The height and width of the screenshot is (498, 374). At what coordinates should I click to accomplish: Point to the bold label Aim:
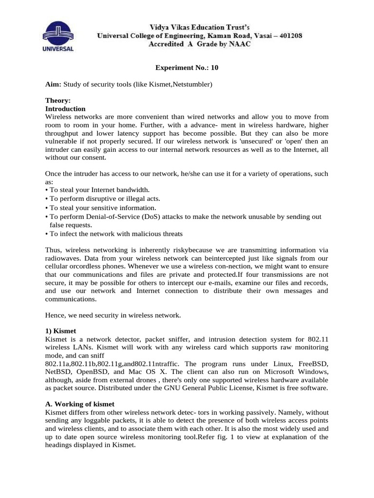53,85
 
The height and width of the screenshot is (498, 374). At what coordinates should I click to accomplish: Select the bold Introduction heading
65,108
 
